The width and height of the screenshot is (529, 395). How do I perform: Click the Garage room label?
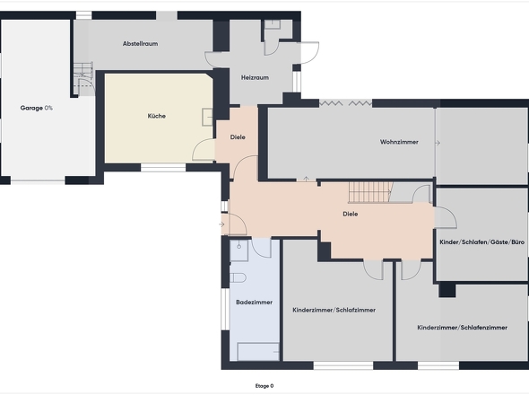pyautogui.click(x=31, y=108)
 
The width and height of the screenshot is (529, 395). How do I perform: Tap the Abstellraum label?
pyautogui.click(x=141, y=44)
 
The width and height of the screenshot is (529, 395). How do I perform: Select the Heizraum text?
pyautogui.click(x=255, y=78)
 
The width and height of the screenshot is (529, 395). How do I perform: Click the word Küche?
pyautogui.click(x=157, y=116)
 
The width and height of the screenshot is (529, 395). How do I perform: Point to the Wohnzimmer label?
pyautogui.click(x=399, y=142)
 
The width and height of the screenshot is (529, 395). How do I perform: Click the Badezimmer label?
pyautogui.click(x=254, y=302)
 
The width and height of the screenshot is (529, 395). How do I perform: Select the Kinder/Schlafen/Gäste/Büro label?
pyautogui.click(x=481, y=242)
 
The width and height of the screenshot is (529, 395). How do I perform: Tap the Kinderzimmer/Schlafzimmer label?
pyautogui.click(x=334, y=310)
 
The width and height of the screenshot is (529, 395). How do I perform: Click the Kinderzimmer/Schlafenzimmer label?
pyautogui.click(x=462, y=328)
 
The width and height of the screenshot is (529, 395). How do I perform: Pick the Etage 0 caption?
pyautogui.click(x=264, y=386)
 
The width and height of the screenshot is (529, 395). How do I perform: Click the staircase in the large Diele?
pyautogui.click(x=370, y=192)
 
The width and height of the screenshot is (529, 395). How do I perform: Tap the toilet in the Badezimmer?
pyautogui.click(x=238, y=277)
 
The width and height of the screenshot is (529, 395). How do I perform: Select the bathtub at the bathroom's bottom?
pyautogui.click(x=258, y=352)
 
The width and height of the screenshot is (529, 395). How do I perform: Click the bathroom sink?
pyautogui.click(x=239, y=250)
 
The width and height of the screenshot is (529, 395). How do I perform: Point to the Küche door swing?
pyautogui.click(x=204, y=150)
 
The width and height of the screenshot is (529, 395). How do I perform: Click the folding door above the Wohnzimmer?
pyautogui.click(x=345, y=103)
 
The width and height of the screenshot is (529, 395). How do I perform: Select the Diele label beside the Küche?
pyautogui.click(x=238, y=137)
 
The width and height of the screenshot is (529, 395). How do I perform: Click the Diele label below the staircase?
pyautogui.click(x=351, y=214)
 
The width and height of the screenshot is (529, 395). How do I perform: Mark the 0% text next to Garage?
pyautogui.click(x=48, y=108)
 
